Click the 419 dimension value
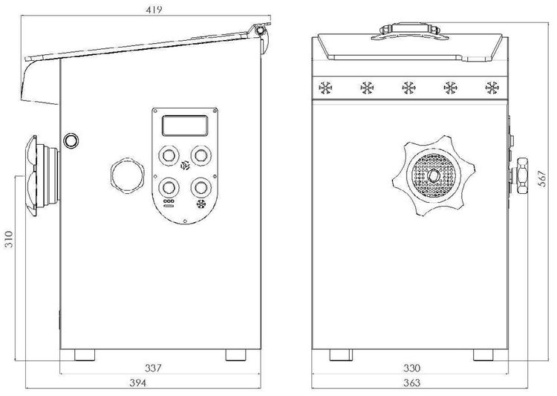coord(154,10)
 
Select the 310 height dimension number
coord(8,239)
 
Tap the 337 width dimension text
coord(153,368)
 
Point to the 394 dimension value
coord(137,383)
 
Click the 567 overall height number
coord(541,179)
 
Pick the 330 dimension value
coord(411,368)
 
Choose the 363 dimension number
coord(411,383)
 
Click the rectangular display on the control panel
coord(185,126)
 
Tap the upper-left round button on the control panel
coord(169,156)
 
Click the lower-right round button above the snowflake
coord(201,187)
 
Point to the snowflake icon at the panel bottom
coord(201,204)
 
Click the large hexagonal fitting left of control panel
coord(128,175)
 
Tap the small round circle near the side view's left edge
coord(71,140)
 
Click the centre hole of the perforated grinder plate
coord(433,175)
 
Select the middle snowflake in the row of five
coord(408,88)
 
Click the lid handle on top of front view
coord(409,31)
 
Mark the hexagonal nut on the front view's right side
coord(522,175)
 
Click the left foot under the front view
coord(341,355)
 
